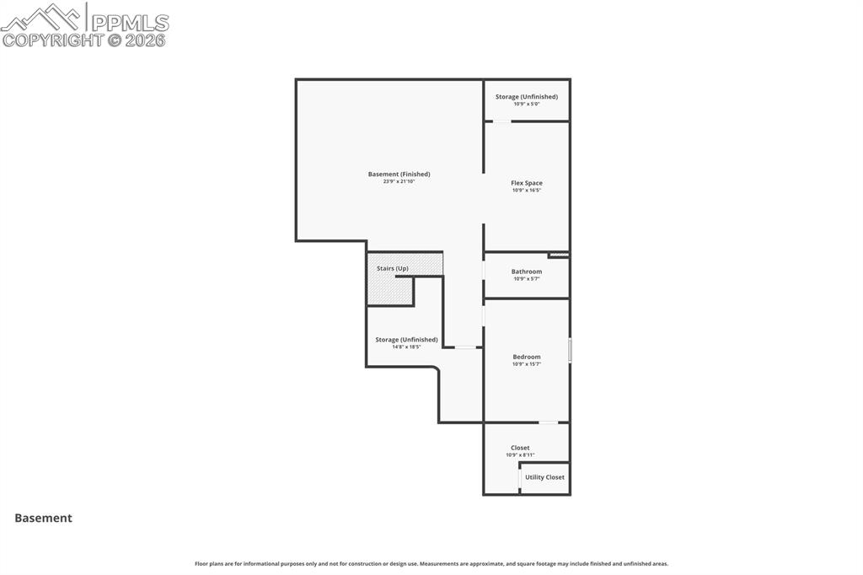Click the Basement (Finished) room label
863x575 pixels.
coord(399,175)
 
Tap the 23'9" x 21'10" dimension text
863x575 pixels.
coord(399,181)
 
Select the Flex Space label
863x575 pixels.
coord(527,183)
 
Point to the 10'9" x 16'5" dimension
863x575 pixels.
coord(527,191)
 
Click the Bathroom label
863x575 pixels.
coord(527,271)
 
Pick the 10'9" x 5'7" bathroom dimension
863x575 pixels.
coord(527,279)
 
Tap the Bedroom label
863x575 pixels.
coord(527,357)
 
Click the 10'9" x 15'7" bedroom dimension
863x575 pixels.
coord(527,364)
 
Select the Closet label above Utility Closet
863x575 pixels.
coord(520,448)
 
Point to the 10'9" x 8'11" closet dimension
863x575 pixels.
coord(520,455)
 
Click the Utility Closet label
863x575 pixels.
coord(544,477)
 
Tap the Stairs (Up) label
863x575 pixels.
coord(393,268)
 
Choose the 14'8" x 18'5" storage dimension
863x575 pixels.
coord(406,347)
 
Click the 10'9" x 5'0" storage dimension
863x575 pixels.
coord(527,104)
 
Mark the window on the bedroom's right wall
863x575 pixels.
coord(570,350)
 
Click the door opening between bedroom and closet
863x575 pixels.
coord(548,422)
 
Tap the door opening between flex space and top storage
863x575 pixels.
coord(501,121)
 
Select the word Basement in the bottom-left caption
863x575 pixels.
coord(43,519)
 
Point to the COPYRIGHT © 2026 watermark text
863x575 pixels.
coord(84,40)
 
